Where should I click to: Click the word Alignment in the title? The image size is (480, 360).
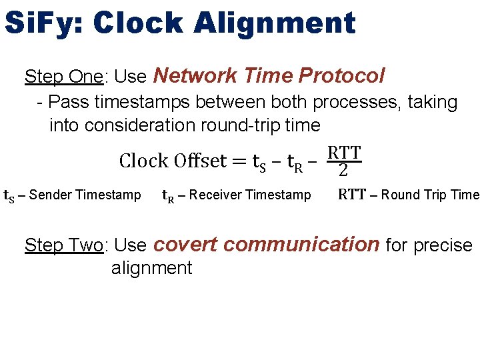click(275, 23)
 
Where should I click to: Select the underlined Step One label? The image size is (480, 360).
click(63, 77)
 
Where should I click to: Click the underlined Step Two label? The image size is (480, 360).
click(63, 245)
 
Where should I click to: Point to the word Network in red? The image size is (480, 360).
click(191, 76)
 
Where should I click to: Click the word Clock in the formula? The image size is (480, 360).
click(143, 161)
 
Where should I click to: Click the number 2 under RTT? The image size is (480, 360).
click(343, 171)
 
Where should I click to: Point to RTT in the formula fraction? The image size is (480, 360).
click(344, 153)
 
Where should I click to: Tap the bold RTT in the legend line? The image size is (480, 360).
click(351, 195)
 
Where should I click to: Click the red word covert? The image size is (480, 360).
click(185, 245)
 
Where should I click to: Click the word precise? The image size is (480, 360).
click(443, 245)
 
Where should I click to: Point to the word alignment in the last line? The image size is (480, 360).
click(151, 268)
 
